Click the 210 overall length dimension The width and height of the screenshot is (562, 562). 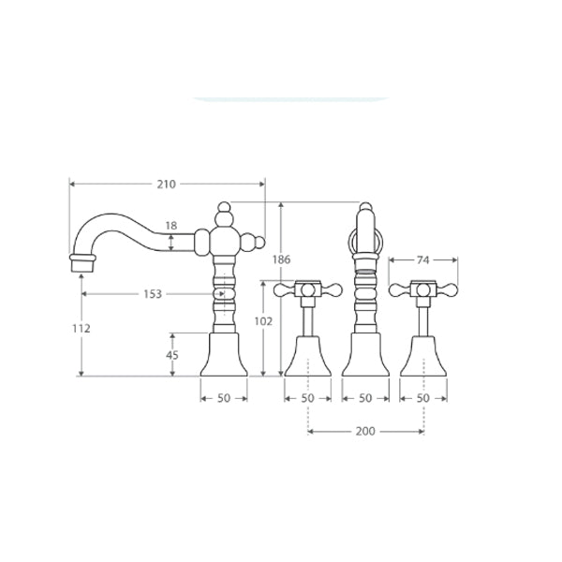click(167, 185)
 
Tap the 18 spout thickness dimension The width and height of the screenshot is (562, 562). click(171, 226)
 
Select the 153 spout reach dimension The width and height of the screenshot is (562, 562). click(153, 294)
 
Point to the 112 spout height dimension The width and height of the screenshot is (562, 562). click(81, 329)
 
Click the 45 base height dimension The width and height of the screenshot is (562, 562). click(172, 355)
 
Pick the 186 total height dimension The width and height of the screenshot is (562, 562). click(281, 259)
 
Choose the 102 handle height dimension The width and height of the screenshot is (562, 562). click(263, 321)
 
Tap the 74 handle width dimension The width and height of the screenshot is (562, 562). click(423, 259)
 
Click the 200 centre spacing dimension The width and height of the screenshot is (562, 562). click(365, 431)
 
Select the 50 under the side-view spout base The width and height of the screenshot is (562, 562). click(224, 398)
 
